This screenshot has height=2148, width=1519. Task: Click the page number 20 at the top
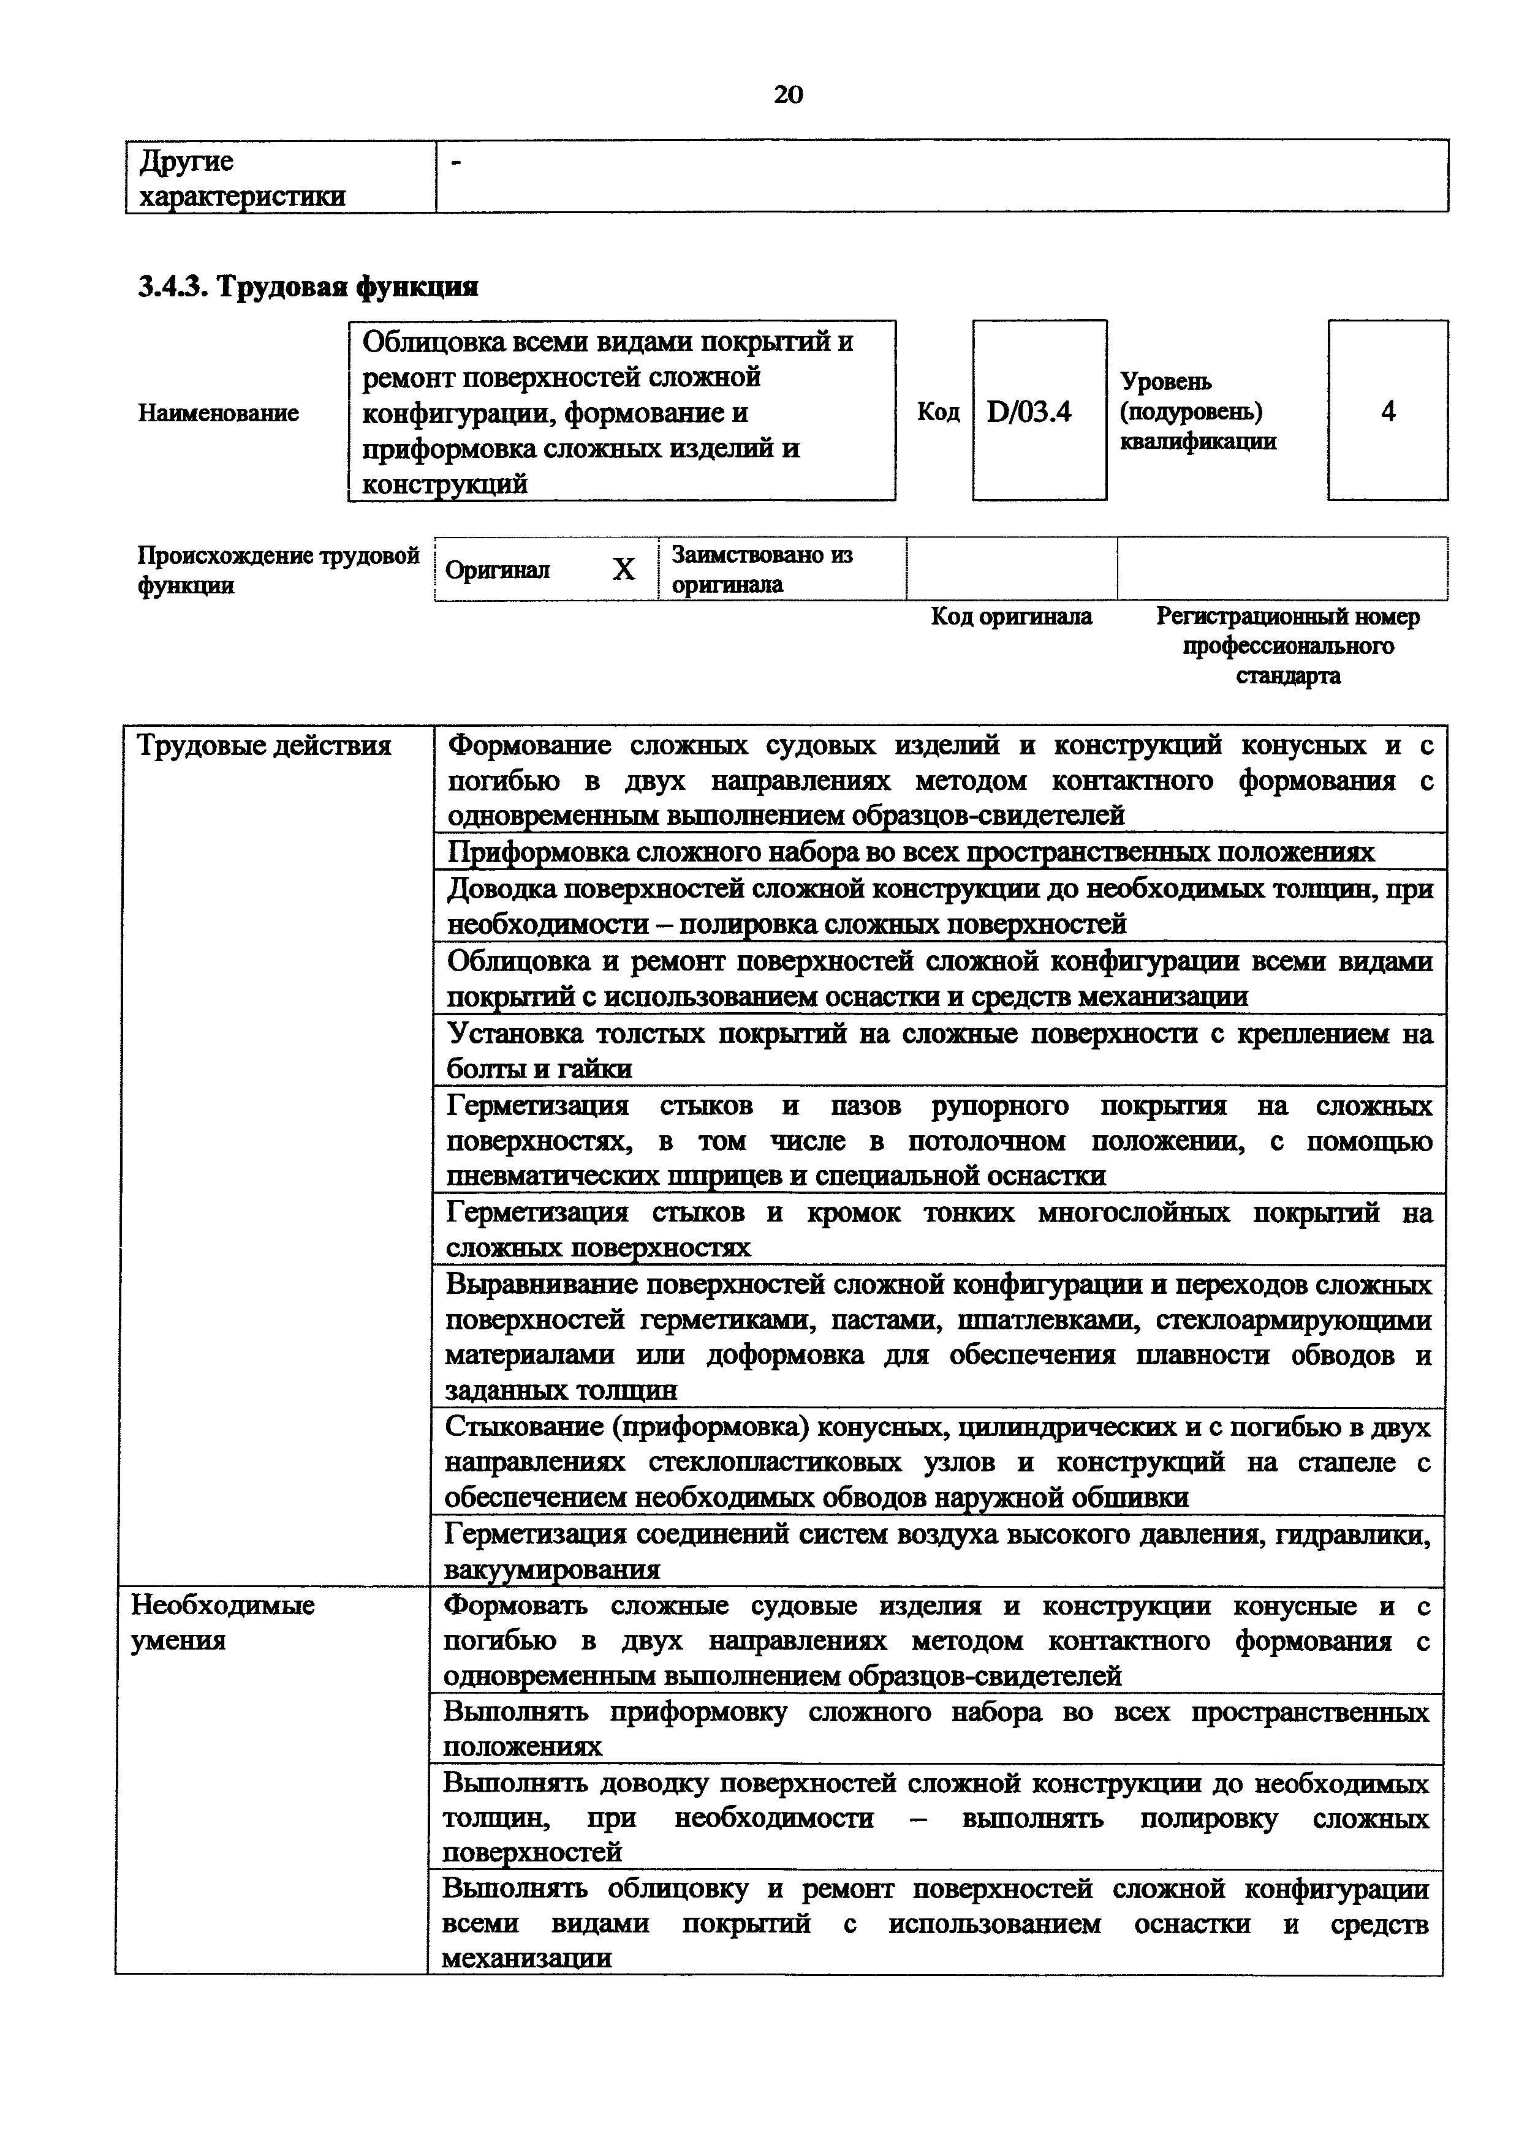click(788, 94)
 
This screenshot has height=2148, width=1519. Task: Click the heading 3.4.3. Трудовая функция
click(308, 287)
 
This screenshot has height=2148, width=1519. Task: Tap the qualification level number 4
click(1388, 411)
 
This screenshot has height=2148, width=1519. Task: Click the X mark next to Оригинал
click(623, 569)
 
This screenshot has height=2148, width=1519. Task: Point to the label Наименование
click(218, 413)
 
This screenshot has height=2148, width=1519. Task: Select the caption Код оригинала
click(1011, 617)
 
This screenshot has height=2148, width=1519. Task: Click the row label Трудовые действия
click(264, 746)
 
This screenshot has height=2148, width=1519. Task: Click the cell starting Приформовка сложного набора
click(910, 851)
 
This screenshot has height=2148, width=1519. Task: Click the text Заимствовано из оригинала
click(762, 569)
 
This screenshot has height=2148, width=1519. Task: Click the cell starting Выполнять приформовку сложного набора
click(935, 1729)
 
